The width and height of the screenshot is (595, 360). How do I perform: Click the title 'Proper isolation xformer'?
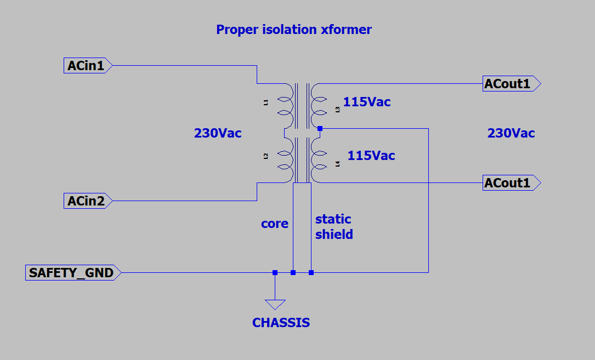[x=293, y=30]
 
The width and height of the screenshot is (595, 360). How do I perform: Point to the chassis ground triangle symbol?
[x=275, y=304]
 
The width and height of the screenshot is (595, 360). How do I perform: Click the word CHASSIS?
[x=281, y=323]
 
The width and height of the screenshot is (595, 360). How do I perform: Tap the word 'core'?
[x=274, y=224]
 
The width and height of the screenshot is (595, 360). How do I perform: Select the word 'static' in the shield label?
[x=333, y=219]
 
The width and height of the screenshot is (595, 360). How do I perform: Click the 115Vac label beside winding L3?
[x=367, y=102]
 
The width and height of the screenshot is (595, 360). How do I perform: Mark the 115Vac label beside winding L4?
[x=371, y=156]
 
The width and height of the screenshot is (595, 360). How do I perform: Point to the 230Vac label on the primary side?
[x=218, y=133]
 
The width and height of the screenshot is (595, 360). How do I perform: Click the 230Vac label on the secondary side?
[x=511, y=133]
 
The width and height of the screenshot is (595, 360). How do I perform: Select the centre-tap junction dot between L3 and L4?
[x=320, y=129]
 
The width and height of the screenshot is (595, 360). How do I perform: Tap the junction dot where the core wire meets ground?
[x=293, y=272]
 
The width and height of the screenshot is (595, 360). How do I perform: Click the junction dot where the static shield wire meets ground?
[x=311, y=272]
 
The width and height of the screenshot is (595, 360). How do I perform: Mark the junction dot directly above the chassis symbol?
[x=275, y=272]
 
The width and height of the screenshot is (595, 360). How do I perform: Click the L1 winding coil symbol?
[x=285, y=106]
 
